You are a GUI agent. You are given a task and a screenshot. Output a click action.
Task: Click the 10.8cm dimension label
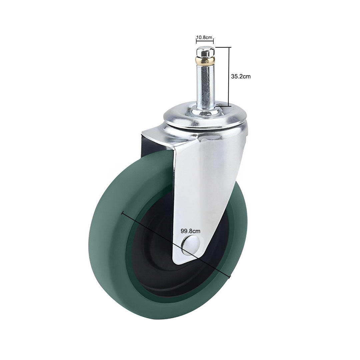204,37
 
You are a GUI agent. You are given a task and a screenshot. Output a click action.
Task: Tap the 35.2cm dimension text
241,76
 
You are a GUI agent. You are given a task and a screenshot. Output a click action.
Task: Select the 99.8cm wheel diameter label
190,231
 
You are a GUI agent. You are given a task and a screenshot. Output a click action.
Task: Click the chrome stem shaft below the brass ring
205,83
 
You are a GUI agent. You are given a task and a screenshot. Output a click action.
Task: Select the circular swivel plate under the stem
205,118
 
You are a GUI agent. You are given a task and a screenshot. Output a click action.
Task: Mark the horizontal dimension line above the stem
204,42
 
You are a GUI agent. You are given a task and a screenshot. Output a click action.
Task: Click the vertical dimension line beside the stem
229,77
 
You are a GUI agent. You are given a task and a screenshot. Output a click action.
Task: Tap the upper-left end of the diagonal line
123,212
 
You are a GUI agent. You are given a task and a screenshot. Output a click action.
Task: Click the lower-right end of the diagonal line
230,277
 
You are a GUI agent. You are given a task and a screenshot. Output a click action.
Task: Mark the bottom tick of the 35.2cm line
223,106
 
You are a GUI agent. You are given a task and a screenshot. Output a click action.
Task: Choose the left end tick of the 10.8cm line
196,42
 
